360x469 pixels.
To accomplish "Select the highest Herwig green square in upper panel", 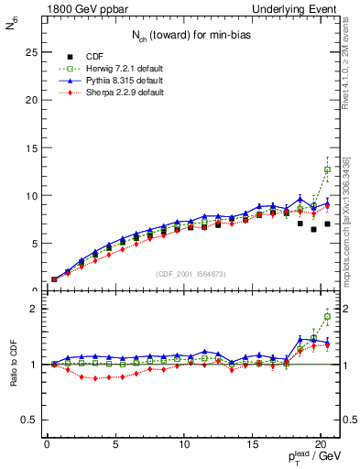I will pyautogui.click(x=327, y=169).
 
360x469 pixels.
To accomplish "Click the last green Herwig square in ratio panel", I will pyautogui.click(x=327, y=317).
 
